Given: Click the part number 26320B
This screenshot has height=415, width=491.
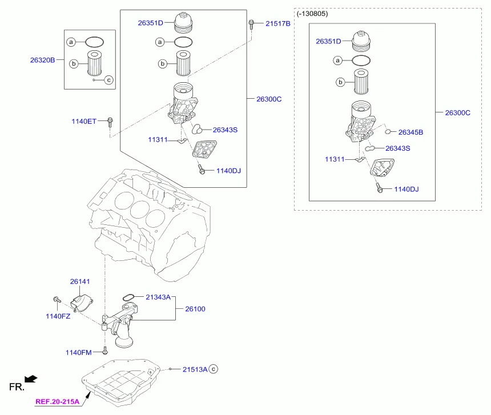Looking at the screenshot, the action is (42, 60).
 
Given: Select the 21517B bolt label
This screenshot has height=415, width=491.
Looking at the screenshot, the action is (277, 23).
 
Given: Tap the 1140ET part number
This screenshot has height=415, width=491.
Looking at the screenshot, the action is (84, 122).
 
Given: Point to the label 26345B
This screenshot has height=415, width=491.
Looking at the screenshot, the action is (410, 132).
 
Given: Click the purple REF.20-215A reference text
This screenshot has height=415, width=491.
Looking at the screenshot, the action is (57, 401).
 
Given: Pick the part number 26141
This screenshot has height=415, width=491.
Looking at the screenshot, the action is (80, 281).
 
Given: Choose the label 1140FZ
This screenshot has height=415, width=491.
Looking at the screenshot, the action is (58, 316).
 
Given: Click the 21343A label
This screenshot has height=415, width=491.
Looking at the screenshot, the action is (158, 297).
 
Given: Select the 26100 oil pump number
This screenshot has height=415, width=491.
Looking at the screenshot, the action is (195, 309).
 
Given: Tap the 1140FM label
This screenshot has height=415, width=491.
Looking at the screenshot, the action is (78, 352).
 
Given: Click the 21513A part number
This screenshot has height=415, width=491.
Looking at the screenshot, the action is (195, 369).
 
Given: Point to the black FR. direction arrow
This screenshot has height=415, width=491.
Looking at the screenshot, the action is (31, 379).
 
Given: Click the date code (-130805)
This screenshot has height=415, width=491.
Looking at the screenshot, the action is (312, 14).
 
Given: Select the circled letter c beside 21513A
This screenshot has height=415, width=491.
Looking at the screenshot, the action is (214, 369).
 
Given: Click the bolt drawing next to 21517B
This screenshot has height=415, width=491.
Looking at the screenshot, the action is (251, 25).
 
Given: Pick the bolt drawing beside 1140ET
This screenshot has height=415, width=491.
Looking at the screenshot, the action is (110, 122).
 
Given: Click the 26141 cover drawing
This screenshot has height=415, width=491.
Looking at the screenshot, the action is (81, 303).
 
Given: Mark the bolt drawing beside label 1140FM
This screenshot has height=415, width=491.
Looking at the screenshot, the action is (105, 350).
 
